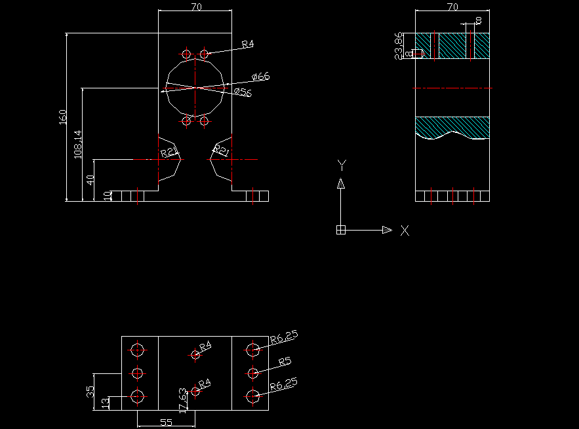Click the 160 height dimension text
[x=63, y=117]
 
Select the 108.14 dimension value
[x=78, y=144]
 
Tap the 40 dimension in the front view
[x=91, y=179]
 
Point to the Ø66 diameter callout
[x=260, y=77]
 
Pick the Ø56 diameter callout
[x=243, y=92]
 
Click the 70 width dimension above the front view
[x=195, y=7]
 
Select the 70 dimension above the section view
[x=452, y=7]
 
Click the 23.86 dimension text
[x=398, y=46]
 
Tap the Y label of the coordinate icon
[x=341, y=164]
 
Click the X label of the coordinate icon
[x=405, y=231]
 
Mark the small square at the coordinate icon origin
[x=341, y=230]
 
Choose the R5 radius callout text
[x=285, y=362]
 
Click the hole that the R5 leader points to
[x=252, y=373]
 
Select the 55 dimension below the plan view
[x=167, y=422]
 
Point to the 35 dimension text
[x=90, y=392]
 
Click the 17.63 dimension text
[x=183, y=400]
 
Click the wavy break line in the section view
[x=452, y=134]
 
